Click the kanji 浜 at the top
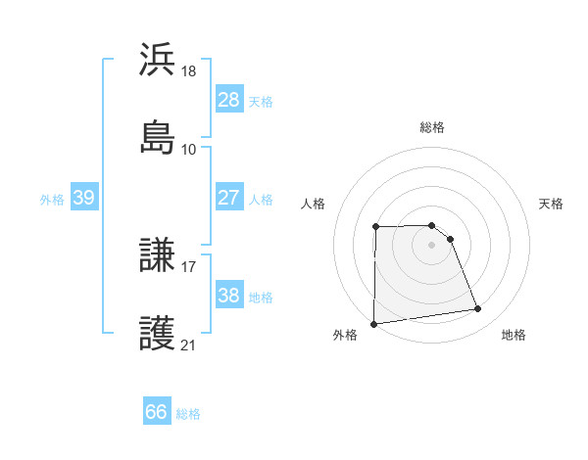[x=158, y=61]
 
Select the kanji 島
[x=158, y=137]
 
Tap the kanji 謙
[x=158, y=256]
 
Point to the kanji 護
[x=158, y=333]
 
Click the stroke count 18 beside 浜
[x=190, y=72]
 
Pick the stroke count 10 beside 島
[x=189, y=149]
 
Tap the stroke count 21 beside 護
[x=189, y=345]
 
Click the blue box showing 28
[x=228, y=100]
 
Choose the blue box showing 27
[x=228, y=198]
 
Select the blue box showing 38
[x=228, y=296]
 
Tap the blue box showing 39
[x=84, y=198]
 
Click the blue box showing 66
[x=157, y=413]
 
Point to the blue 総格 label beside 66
[x=188, y=414]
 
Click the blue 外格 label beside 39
[x=52, y=199]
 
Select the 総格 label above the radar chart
[x=432, y=127]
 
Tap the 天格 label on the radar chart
[x=551, y=204]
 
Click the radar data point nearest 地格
[x=478, y=309]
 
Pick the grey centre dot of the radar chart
[x=431, y=245]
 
